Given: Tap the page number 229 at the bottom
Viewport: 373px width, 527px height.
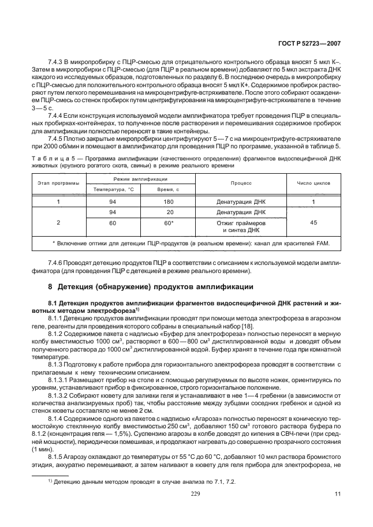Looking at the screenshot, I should pos(186,494).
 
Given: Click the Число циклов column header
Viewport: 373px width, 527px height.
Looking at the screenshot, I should pos(314,183).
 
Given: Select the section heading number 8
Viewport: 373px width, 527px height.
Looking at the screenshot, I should pos(50,286).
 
